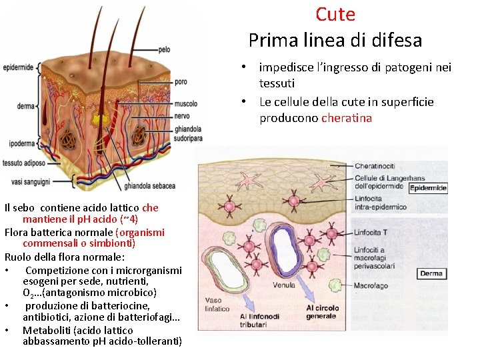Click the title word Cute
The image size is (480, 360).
coord(335,14)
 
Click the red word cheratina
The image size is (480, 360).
coord(347,118)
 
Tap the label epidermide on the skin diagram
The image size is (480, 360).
coord(18,67)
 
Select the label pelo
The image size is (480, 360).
coord(164,49)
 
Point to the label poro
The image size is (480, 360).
coord(180,82)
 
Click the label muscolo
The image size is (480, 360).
coord(186,104)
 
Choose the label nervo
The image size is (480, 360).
coord(182,115)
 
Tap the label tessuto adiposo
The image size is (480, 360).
coord(24,163)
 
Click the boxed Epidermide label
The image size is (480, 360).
coord(427,189)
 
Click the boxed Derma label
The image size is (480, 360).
coord(431,273)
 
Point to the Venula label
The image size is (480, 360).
coord(284,285)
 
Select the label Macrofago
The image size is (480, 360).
coord(371,285)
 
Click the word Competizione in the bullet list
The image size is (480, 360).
coord(57,270)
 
